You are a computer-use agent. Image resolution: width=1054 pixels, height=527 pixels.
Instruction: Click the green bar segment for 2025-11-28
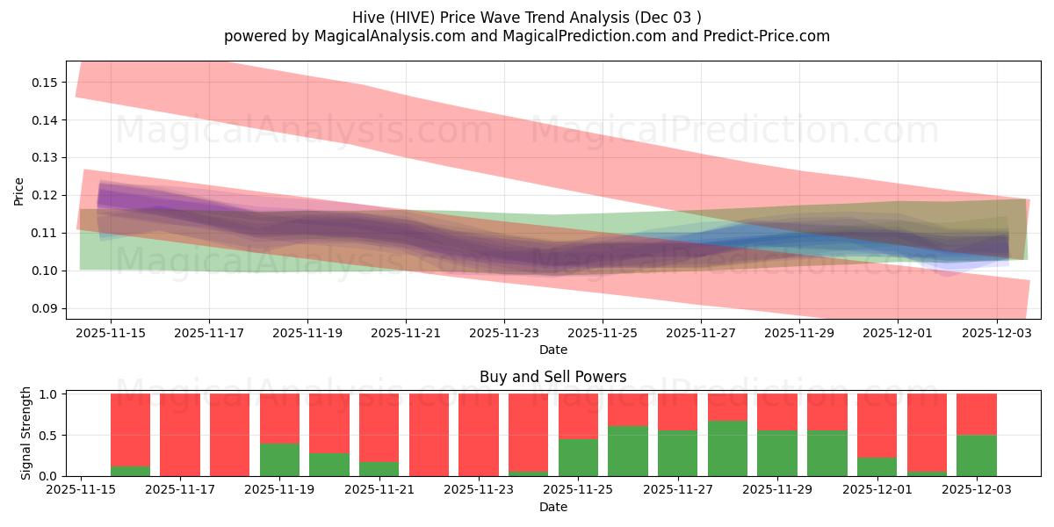click(727, 448)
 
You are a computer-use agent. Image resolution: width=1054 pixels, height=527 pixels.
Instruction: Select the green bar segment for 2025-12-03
click(977, 455)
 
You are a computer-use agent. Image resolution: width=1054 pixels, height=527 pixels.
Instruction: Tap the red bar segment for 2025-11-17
click(180, 434)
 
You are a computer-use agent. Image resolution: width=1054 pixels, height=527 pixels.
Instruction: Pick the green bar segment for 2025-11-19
click(279, 459)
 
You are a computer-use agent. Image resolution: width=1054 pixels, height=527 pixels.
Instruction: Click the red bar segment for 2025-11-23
click(479, 434)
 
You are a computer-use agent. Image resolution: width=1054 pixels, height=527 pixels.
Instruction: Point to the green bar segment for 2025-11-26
click(628, 451)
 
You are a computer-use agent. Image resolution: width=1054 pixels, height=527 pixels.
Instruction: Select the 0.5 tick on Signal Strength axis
click(49, 435)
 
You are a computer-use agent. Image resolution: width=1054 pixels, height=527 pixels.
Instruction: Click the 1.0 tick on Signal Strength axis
click(49, 394)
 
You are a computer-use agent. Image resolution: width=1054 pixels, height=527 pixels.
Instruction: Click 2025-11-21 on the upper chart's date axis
click(406, 334)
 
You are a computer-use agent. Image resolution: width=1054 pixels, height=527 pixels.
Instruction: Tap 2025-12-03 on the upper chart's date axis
click(996, 334)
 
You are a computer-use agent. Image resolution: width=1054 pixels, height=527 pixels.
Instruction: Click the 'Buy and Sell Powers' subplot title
click(552, 377)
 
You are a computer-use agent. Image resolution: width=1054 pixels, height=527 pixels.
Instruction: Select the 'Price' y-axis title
click(19, 191)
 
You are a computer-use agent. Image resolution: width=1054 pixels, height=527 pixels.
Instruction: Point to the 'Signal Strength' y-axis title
click(26, 432)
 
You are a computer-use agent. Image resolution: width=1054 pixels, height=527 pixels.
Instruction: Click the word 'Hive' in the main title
click(368, 18)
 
